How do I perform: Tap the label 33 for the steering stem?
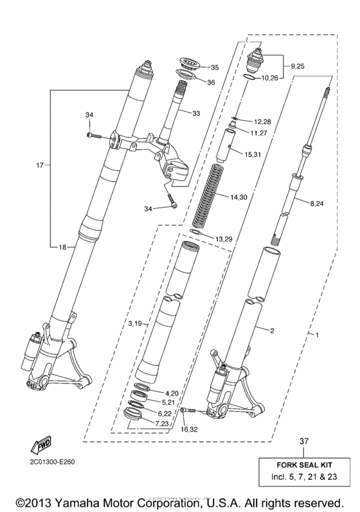coord(196,113)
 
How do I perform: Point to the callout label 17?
coord(40,165)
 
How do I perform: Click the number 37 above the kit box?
coord(305,441)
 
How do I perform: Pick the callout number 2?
coord(272,331)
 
